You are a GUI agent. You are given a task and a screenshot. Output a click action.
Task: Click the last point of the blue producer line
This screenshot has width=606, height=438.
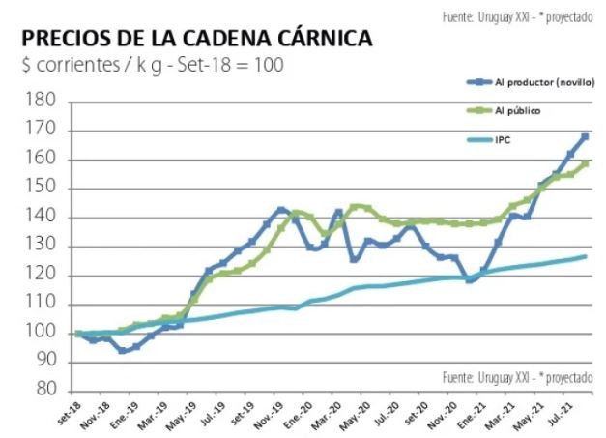tap(585, 136)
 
